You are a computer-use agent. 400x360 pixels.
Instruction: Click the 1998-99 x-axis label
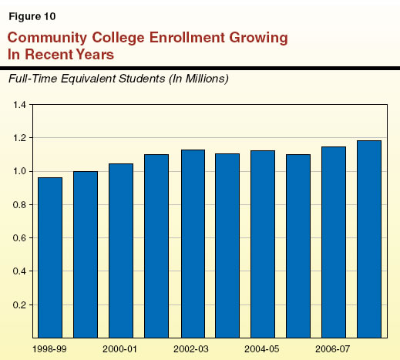[x=49, y=348]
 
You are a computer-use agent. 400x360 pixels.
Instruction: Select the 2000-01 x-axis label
[x=120, y=348]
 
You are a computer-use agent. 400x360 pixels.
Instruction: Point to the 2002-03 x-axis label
[x=191, y=348]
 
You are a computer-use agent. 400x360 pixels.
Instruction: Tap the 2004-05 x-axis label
[x=262, y=348]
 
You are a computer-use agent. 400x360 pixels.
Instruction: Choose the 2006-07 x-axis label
[x=333, y=348]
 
